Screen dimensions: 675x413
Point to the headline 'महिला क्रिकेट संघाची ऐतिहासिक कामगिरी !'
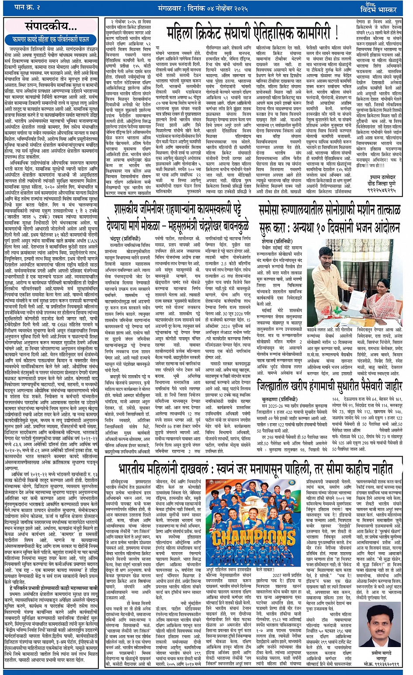coord(253,32)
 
